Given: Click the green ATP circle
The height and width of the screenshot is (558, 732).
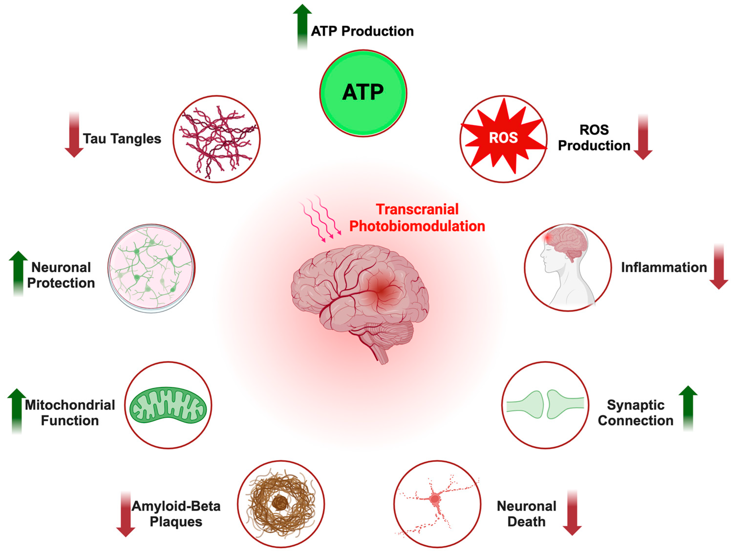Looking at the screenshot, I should click(363, 93).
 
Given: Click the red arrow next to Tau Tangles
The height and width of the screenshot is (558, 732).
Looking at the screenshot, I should click(74, 135).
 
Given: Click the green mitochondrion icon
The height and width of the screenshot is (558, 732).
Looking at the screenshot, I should click(168, 405).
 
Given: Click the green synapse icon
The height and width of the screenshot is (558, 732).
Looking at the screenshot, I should click(545, 405).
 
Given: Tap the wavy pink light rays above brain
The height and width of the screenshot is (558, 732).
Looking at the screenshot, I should click(321, 217).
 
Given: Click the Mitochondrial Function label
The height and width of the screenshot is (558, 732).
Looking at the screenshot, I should click(70, 413).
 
